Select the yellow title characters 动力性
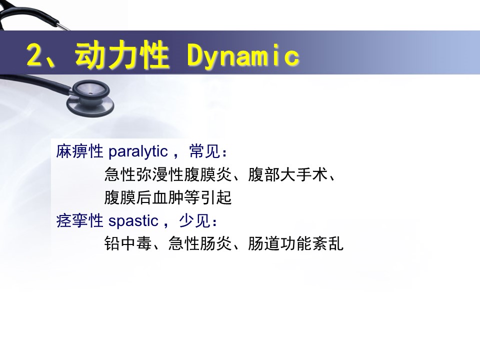coord(121,55)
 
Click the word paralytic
coord(138,151)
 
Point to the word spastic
coord(133,221)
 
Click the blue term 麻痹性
coord(79,151)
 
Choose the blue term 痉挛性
coord(79,220)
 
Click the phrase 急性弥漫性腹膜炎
coord(168,174)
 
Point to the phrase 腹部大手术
coord(288,174)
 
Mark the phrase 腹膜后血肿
coord(144,198)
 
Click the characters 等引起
coord(207,198)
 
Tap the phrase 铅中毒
coord(128,243)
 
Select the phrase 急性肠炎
coord(199,243)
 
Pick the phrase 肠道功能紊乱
coord(295,243)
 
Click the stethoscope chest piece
coord(90,98)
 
